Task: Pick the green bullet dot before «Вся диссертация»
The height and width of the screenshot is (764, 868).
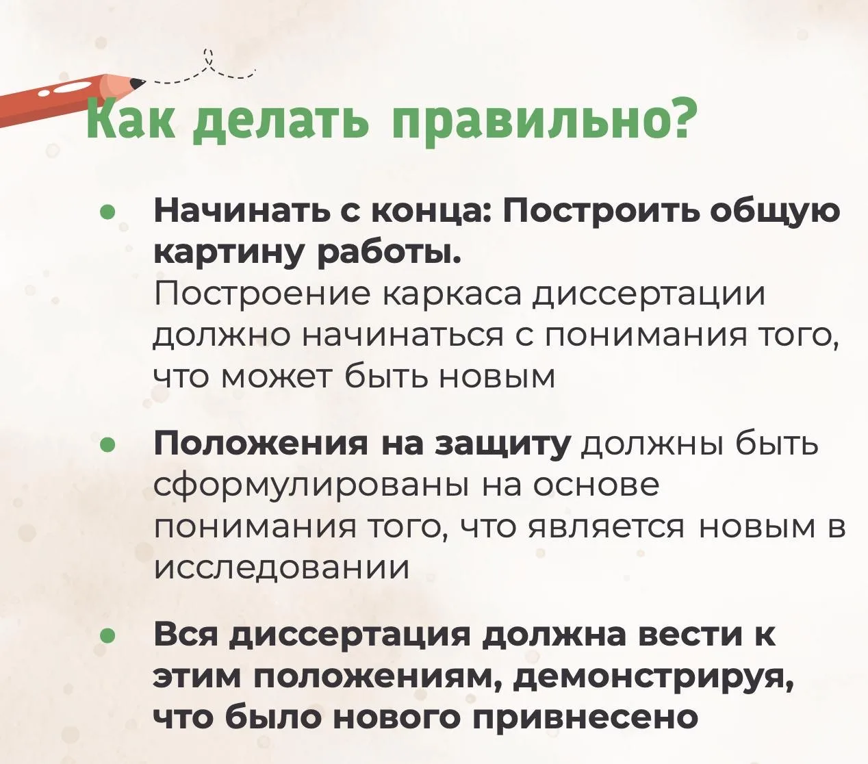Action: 107,636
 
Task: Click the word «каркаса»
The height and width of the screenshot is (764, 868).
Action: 452,296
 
